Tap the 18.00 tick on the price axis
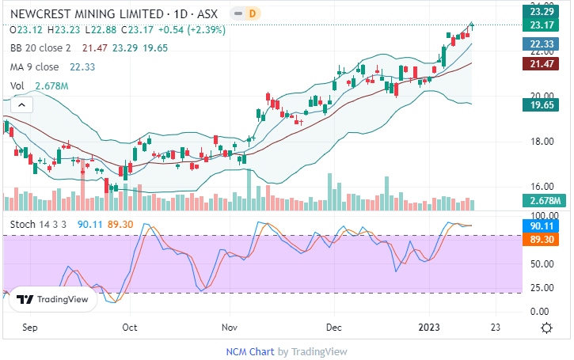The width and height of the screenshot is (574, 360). (541, 142)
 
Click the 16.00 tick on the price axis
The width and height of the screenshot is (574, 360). (541, 188)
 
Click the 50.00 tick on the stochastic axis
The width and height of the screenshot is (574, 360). (541, 265)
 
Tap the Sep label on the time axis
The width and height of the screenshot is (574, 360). (30, 326)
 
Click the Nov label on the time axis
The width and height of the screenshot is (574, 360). (230, 326)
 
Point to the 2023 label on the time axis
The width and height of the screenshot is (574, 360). (430, 326)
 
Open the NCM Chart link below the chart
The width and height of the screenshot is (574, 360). (249, 351)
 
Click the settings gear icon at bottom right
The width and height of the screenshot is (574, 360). (546, 327)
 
